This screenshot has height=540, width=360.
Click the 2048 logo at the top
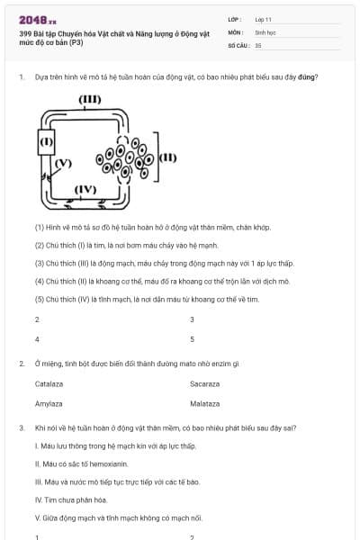(x=37, y=19)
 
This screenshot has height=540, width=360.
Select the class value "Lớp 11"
(x=263, y=19)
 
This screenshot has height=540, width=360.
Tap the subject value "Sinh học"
(x=265, y=31)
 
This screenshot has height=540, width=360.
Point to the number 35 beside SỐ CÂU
(x=258, y=44)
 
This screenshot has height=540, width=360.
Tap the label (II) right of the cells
(x=167, y=157)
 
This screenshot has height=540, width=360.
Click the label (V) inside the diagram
(x=61, y=164)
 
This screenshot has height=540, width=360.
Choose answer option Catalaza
(x=49, y=383)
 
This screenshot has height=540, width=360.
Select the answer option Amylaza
(x=48, y=404)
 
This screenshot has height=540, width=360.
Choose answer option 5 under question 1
(x=192, y=339)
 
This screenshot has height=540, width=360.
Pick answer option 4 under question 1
(x=37, y=339)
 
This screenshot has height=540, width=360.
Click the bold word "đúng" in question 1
(x=309, y=77)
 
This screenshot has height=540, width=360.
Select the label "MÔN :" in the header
(x=236, y=31)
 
